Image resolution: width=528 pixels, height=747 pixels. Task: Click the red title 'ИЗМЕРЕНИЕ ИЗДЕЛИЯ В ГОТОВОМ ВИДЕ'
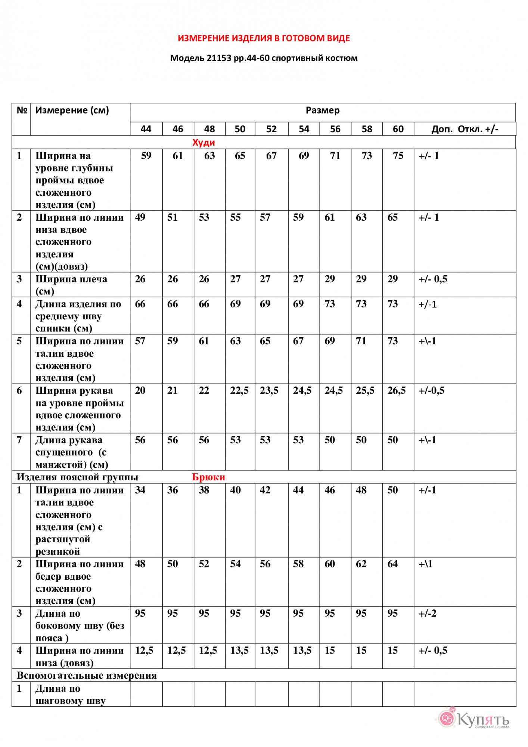(264, 38)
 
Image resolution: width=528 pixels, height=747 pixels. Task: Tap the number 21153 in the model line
(219, 58)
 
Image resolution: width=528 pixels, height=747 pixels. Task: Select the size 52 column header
(271, 129)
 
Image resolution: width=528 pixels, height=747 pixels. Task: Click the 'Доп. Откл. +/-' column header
(465, 129)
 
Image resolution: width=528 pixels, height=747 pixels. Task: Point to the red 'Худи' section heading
(204, 142)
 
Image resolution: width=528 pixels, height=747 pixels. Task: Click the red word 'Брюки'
(208, 477)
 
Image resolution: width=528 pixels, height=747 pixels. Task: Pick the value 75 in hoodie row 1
(398, 156)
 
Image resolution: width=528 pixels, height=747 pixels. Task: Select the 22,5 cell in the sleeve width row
(239, 391)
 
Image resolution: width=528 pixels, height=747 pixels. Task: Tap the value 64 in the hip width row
(392, 564)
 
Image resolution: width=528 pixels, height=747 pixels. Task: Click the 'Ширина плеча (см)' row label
(71, 285)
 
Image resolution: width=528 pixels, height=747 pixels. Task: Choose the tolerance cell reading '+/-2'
(428, 613)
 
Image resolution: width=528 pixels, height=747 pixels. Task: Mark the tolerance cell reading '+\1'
(426, 564)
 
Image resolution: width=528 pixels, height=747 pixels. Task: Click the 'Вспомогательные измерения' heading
(87, 675)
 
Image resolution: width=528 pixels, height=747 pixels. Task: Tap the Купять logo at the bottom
(474, 719)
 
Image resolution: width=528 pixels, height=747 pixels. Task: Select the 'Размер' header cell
(323, 111)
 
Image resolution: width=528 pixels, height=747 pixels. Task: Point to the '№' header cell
(22, 111)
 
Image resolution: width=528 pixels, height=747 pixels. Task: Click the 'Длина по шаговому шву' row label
(70, 694)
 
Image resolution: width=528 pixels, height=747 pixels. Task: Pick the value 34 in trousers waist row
(140, 490)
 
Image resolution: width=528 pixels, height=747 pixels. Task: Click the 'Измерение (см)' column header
(72, 111)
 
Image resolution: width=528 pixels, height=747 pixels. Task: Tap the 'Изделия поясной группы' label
(77, 477)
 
